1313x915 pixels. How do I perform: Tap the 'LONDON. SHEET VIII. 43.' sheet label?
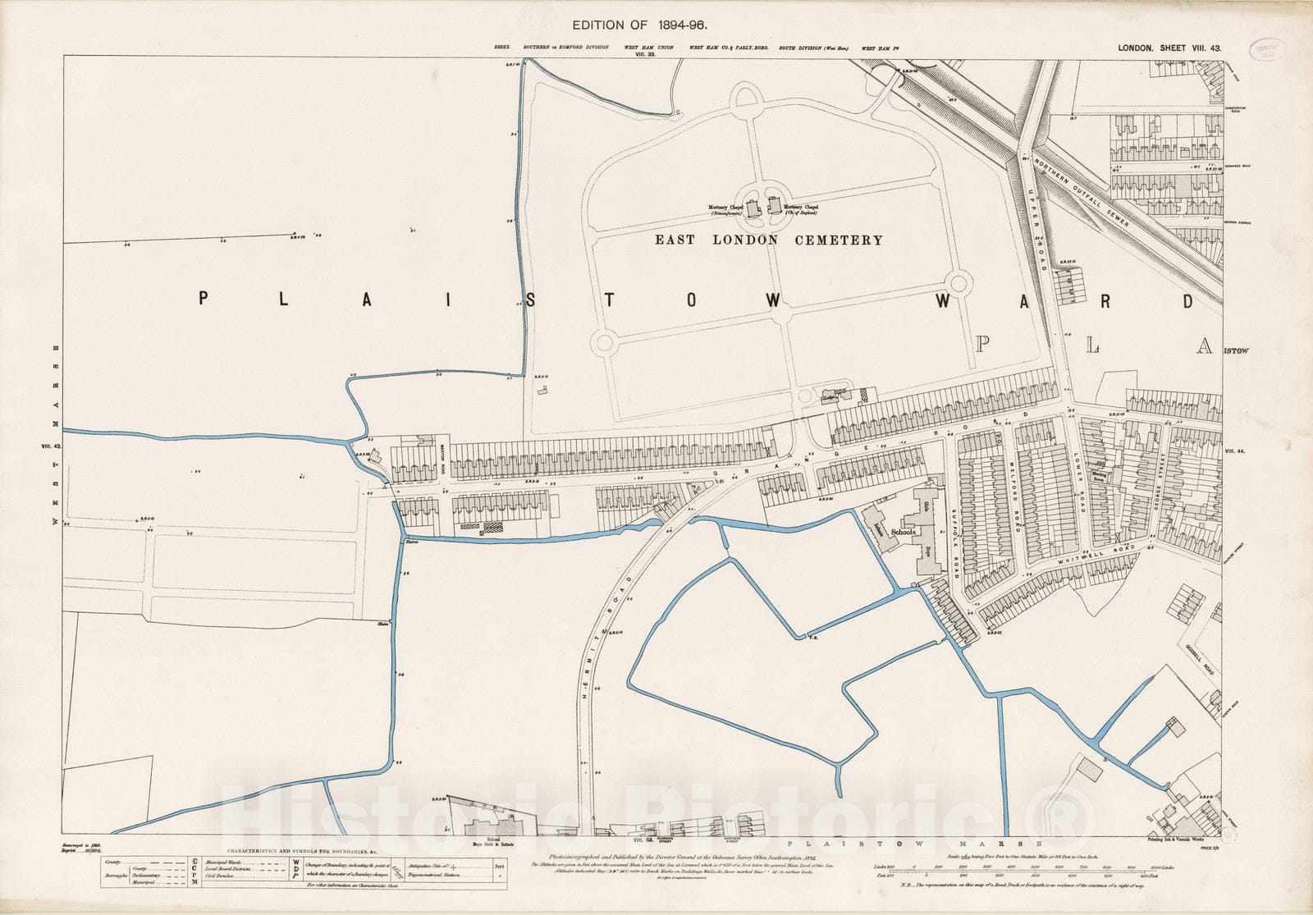coord(1169,48)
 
